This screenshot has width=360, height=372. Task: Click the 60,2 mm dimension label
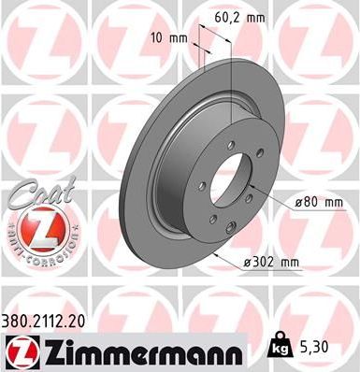pyautogui.click(x=240, y=16)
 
